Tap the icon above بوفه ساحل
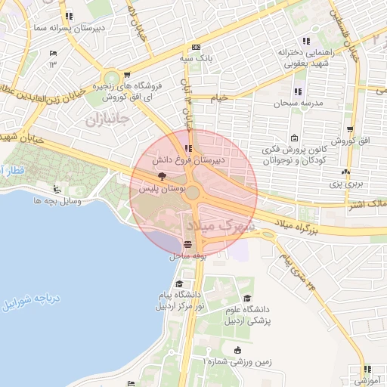[187, 245]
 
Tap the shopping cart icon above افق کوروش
[349, 129]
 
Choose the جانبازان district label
[107, 119]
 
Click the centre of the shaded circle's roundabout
[193, 193]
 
